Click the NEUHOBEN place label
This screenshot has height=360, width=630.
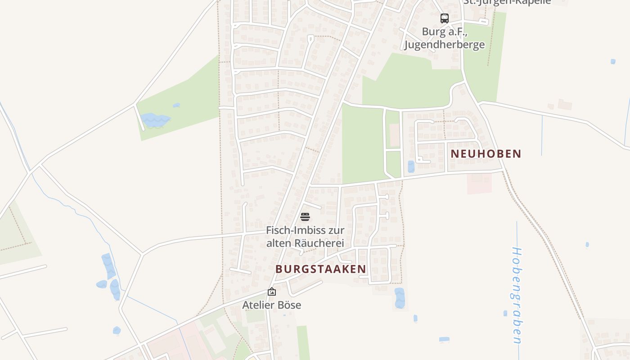pos(486,153)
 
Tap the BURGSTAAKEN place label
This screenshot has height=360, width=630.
pos(320,269)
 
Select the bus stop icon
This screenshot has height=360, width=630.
pos(445,18)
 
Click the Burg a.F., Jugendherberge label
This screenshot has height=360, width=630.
pos(444,38)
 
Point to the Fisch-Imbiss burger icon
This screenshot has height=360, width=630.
pos(305,217)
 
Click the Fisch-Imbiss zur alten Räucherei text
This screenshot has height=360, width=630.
pos(305,237)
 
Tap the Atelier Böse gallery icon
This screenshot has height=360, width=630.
pos(272,292)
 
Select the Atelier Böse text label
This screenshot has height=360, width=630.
pos(272,305)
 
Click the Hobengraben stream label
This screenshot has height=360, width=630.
pos(517,295)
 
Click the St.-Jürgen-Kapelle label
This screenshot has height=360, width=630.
pos(507,2)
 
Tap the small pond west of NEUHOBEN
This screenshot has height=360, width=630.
pos(411,166)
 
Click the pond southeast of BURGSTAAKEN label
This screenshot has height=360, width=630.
pos(400,298)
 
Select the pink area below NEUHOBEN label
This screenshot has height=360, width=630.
pos(479,184)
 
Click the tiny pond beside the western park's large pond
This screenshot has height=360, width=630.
pos(176,105)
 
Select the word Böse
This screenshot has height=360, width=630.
pos(289,305)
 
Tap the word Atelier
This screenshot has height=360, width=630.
pos(258,305)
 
